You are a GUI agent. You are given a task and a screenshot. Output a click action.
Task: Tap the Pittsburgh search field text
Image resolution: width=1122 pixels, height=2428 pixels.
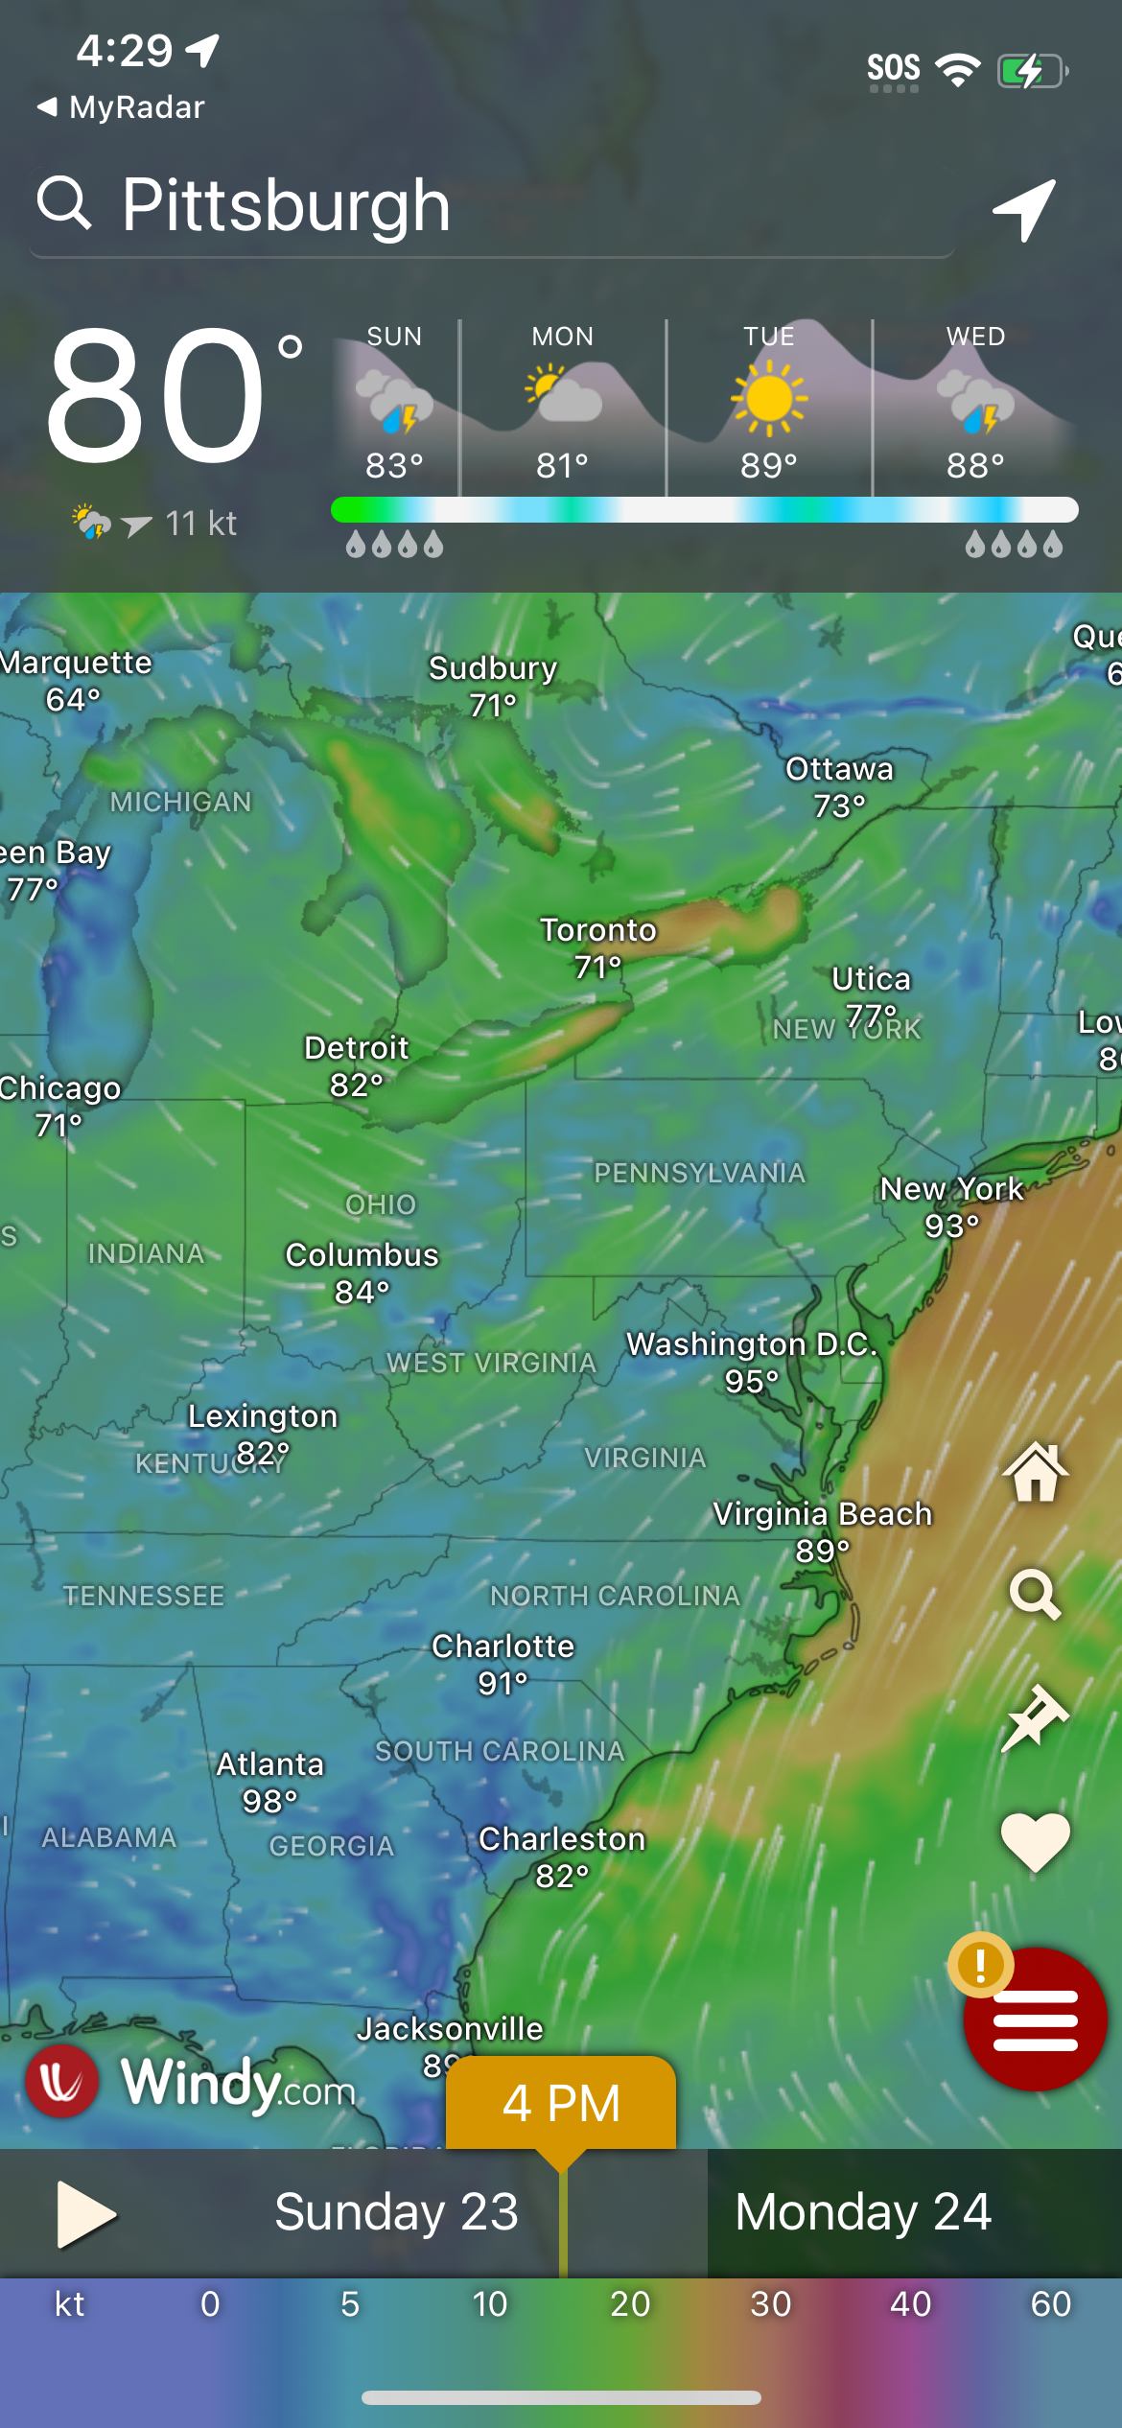coord(286,205)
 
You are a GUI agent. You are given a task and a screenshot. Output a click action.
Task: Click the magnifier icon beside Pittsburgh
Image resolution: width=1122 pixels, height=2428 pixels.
coord(64,202)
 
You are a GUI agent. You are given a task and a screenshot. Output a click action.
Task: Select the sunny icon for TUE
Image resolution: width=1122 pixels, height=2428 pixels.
coord(769,398)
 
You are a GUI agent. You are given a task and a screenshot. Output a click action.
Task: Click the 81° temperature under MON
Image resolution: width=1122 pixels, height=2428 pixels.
coord(562,466)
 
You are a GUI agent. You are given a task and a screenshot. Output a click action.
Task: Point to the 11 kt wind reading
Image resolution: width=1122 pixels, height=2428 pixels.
coord(200,524)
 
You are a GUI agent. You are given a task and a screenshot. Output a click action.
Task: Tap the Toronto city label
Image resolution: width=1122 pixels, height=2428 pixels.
coord(598,930)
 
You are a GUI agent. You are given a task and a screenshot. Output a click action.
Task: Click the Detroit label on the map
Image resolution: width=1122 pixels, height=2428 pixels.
coord(357,1048)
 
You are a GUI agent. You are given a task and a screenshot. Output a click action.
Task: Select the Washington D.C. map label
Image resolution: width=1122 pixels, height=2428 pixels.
coord(752,1344)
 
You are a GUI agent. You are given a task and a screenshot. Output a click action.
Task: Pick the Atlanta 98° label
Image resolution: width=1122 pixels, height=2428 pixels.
coord(270,1782)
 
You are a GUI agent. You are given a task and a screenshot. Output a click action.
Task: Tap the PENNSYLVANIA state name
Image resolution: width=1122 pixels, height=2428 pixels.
coord(699,1173)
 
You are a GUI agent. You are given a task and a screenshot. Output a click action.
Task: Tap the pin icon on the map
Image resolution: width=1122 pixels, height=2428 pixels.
coord(1035,1717)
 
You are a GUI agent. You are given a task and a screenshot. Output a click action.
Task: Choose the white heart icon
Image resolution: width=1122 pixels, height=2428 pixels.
coord(1035,1841)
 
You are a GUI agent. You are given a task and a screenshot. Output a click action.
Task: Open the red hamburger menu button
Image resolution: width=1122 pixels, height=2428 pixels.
coord(1036,2019)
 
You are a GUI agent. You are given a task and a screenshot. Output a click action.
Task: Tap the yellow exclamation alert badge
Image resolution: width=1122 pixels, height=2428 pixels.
coord(980,1965)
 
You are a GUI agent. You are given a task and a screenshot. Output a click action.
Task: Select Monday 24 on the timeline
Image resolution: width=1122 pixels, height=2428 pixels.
coord(863,2212)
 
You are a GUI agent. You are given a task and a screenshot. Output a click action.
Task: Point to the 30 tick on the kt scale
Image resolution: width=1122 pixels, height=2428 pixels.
coord(770,2304)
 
